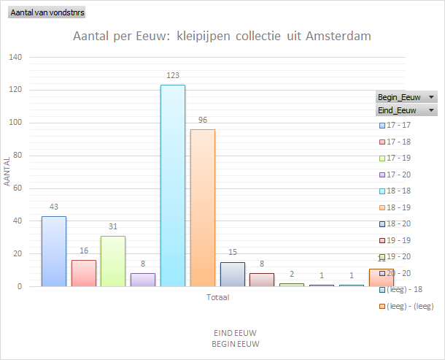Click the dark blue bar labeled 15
coord(233,274)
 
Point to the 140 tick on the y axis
coord(16,58)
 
